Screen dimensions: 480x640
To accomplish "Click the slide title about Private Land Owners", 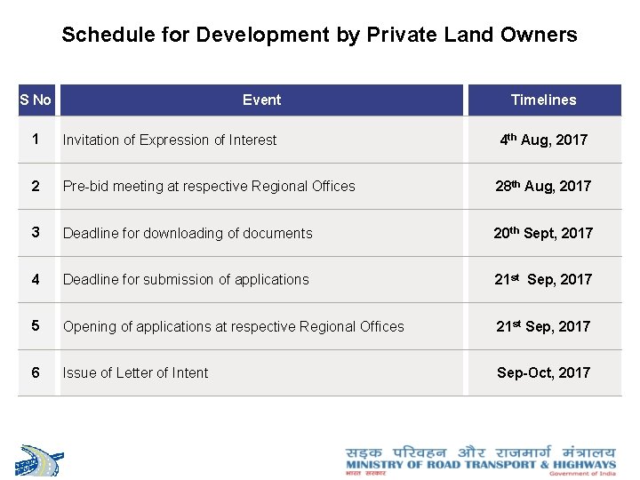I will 319,36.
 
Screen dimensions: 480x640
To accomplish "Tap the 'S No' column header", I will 36,100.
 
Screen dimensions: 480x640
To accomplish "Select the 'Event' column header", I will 261,100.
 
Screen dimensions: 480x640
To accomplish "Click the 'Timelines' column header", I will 543,100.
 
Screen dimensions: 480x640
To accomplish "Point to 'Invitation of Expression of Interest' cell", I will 170,140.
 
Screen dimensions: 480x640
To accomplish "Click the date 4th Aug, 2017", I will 543,140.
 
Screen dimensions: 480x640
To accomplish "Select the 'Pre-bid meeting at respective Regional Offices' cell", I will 209,186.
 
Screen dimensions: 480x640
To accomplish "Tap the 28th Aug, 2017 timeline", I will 543,186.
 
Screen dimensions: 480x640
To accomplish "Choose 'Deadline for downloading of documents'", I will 188,233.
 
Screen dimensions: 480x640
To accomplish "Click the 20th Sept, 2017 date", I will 543,233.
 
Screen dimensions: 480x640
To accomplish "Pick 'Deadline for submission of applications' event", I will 186,279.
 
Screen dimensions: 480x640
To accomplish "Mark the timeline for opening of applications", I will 543,326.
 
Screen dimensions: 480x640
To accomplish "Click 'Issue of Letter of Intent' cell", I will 135,372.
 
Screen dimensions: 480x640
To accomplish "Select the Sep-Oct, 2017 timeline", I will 543,372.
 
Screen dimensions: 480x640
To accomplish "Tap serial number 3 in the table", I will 36,232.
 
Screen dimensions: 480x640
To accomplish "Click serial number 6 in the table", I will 36,372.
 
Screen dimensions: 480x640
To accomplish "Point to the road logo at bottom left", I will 41,460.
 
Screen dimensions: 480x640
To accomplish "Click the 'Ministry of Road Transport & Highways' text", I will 480,464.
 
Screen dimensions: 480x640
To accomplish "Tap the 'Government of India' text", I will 582,474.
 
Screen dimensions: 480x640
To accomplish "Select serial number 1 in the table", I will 36,140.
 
